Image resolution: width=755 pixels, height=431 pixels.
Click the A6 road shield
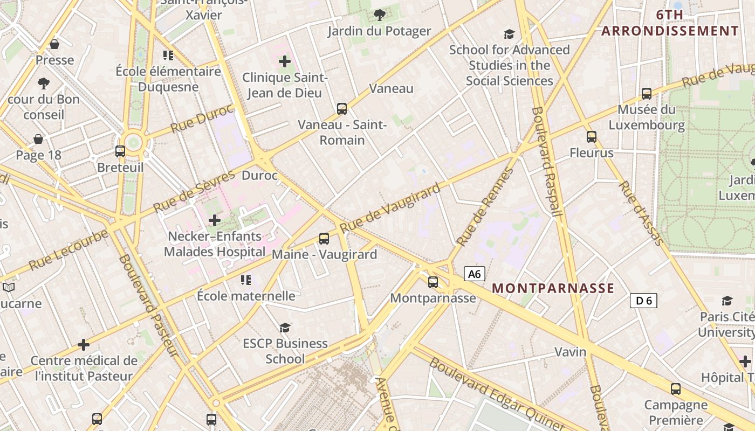pos(474,274)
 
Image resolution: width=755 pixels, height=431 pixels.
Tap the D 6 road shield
pos(643,301)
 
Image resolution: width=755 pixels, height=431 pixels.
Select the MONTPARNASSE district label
pos(553,288)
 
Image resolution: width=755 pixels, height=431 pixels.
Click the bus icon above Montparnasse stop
pos(433,282)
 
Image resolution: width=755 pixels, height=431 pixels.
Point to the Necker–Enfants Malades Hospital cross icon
pos(215,220)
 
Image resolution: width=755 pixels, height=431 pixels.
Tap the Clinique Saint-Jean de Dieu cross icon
pos(284,61)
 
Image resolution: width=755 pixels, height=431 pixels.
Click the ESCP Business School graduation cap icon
pos(285,328)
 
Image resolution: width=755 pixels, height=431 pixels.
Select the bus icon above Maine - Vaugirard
pos(324,238)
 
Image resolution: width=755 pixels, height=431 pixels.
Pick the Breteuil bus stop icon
pos(120,151)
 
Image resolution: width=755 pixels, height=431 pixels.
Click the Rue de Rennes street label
pos(484,207)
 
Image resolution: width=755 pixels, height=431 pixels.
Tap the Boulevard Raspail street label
pos(547,162)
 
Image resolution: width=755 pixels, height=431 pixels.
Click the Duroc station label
pos(259,176)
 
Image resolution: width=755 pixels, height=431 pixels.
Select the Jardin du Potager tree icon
pos(379,15)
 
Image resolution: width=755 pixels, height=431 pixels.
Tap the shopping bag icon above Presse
pos(54,44)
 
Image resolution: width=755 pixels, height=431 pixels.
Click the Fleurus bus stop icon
pos(592,137)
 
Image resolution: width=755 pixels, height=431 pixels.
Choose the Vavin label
pos(571,352)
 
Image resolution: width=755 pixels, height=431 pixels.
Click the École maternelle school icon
pos(246,280)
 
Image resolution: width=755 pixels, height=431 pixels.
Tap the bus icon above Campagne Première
pos(675,388)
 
